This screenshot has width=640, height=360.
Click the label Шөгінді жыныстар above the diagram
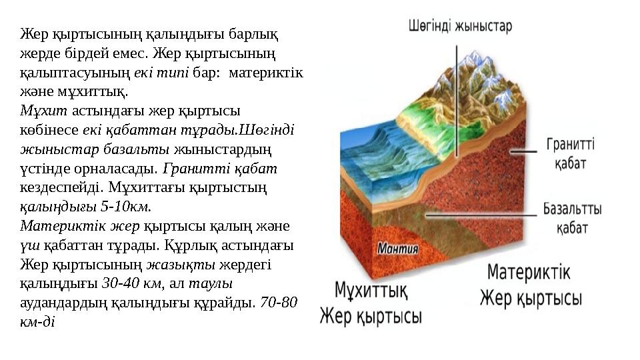pyautogui.click(x=460, y=27)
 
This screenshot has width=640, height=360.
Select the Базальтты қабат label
pyautogui.click(x=572, y=218)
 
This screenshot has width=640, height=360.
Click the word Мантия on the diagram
pyautogui.click(x=398, y=249)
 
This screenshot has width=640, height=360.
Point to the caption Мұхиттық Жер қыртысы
pyautogui.click(x=371, y=303)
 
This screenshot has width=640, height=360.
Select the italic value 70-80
pyautogui.click(x=279, y=302)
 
